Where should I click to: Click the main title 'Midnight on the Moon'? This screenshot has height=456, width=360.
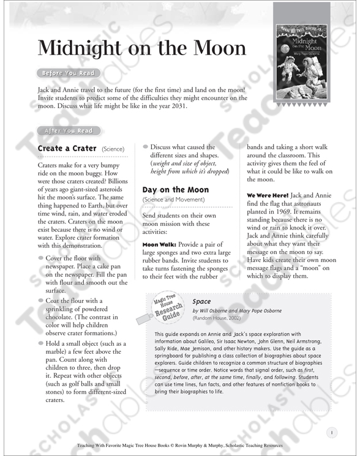click(x=142, y=48)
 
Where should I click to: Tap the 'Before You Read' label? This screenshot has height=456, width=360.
click(x=67, y=74)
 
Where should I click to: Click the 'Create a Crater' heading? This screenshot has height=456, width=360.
click(x=67, y=149)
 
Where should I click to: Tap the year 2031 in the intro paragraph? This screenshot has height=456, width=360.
click(x=174, y=107)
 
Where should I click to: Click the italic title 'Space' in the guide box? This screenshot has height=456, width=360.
click(x=201, y=301)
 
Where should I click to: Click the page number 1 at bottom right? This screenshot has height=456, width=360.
click(x=331, y=433)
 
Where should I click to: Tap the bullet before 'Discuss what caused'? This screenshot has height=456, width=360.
click(x=146, y=146)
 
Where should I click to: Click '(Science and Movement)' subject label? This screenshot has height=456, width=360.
click(x=173, y=200)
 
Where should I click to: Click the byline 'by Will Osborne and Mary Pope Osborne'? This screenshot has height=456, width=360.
click(x=244, y=311)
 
